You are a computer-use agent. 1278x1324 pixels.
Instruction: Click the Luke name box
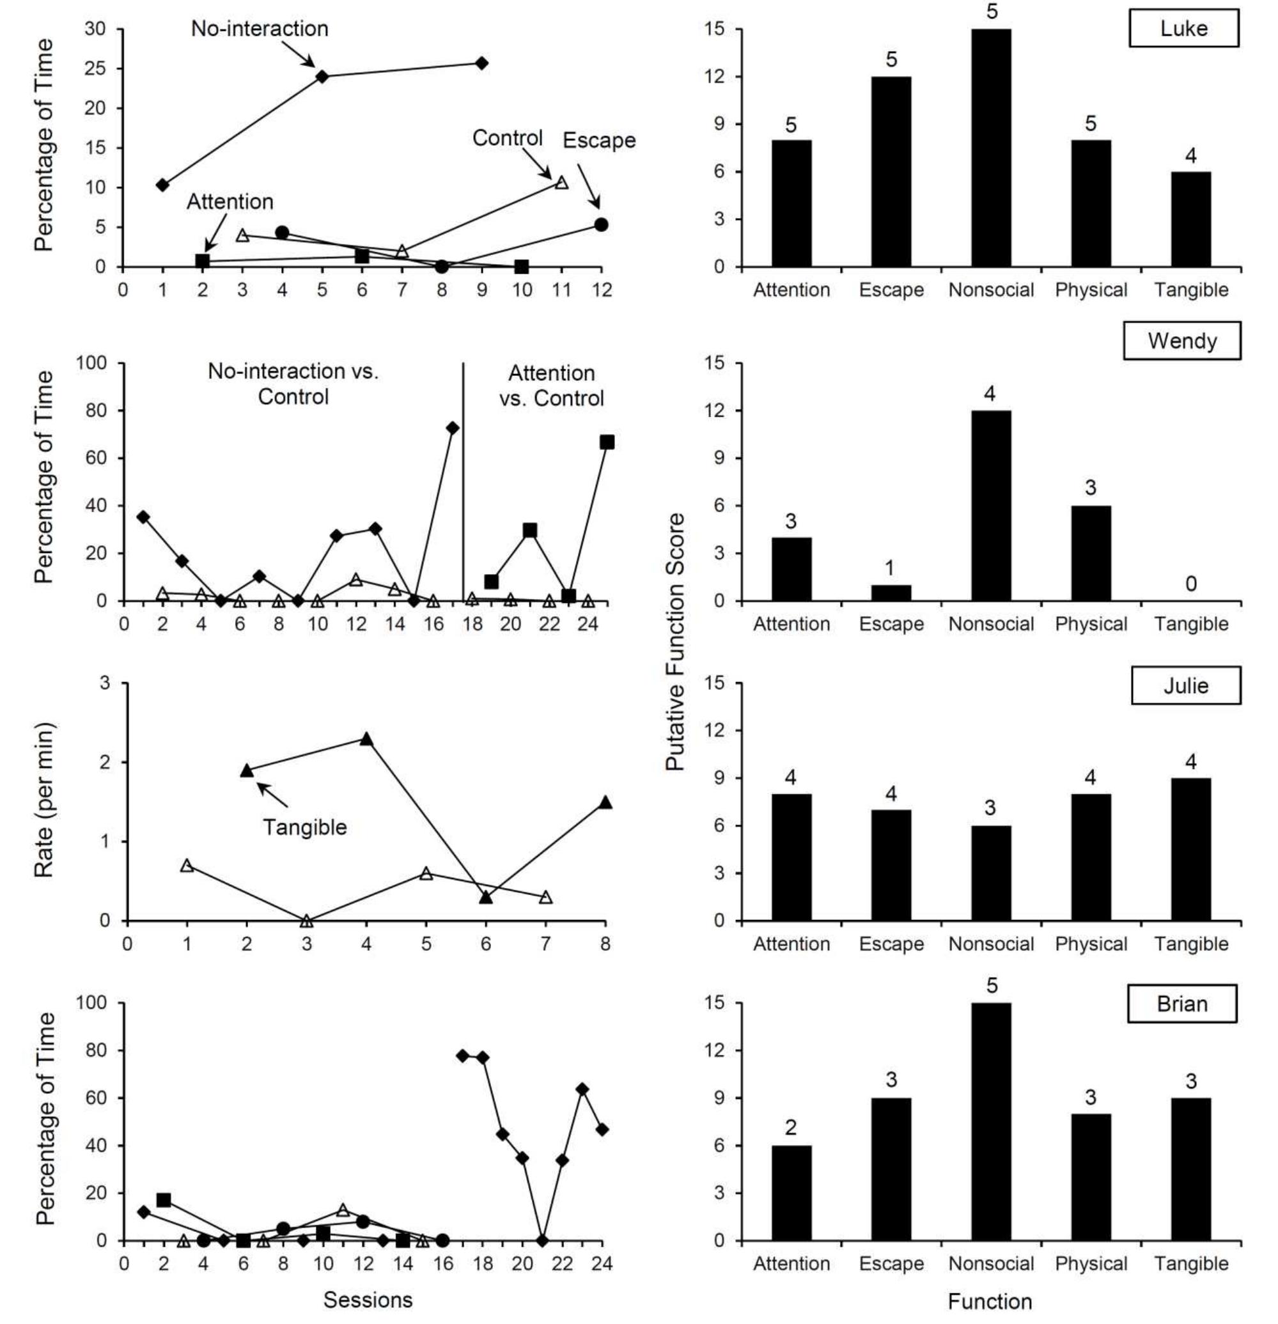(1183, 28)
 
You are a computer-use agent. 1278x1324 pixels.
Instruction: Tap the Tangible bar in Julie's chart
(1190, 849)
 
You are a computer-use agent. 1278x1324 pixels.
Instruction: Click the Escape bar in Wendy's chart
(891, 593)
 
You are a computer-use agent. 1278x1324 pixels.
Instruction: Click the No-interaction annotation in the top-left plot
(260, 28)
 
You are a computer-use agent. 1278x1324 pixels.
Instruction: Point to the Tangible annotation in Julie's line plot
(305, 827)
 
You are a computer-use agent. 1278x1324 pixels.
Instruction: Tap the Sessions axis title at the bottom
(368, 1299)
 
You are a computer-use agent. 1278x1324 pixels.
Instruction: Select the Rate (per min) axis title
(44, 800)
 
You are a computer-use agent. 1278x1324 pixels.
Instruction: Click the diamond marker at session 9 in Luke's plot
(481, 63)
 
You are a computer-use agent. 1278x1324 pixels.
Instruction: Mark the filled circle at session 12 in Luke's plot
(601, 224)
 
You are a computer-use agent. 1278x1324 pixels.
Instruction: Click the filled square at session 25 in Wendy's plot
(607, 442)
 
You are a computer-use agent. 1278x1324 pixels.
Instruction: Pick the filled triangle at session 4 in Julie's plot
(366, 739)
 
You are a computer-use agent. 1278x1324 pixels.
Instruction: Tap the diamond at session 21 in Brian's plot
(542, 1240)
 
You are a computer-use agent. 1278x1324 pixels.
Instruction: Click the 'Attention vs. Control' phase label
(551, 385)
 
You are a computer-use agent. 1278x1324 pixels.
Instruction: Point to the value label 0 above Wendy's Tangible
(1190, 584)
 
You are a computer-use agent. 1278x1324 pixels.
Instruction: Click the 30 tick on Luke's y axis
(95, 29)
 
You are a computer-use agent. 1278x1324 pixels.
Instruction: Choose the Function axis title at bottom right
(990, 1301)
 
